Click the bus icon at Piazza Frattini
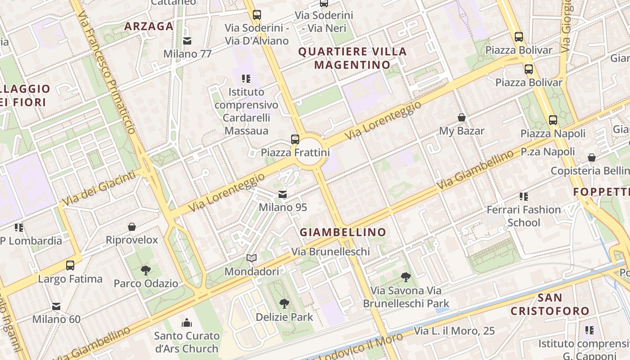click(x=295, y=139)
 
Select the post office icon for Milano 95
click(x=283, y=194)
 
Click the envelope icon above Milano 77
click(x=187, y=41)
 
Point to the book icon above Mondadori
click(x=252, y=258)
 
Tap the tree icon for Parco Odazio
click(x=145, y=270)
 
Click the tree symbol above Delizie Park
click(x=284, y=304)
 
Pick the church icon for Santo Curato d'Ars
click(x=187, y=323)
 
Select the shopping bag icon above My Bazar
click(x=462, y=117)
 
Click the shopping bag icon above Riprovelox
click(x=132, y=227)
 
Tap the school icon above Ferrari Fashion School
click(x=524, y=196)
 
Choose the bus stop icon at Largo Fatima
click(x=70, y=265)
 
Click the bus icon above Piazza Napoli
click(x=553, y=120)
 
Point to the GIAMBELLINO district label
click(x=343, y=232)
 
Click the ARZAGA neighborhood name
click(x=149, y=26)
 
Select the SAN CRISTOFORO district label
click(x=550, y=304)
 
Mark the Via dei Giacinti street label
click(x=99, y=188)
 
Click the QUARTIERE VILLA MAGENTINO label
click(x=352, y=58)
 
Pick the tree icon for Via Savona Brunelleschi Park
click(x=406, y=277)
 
